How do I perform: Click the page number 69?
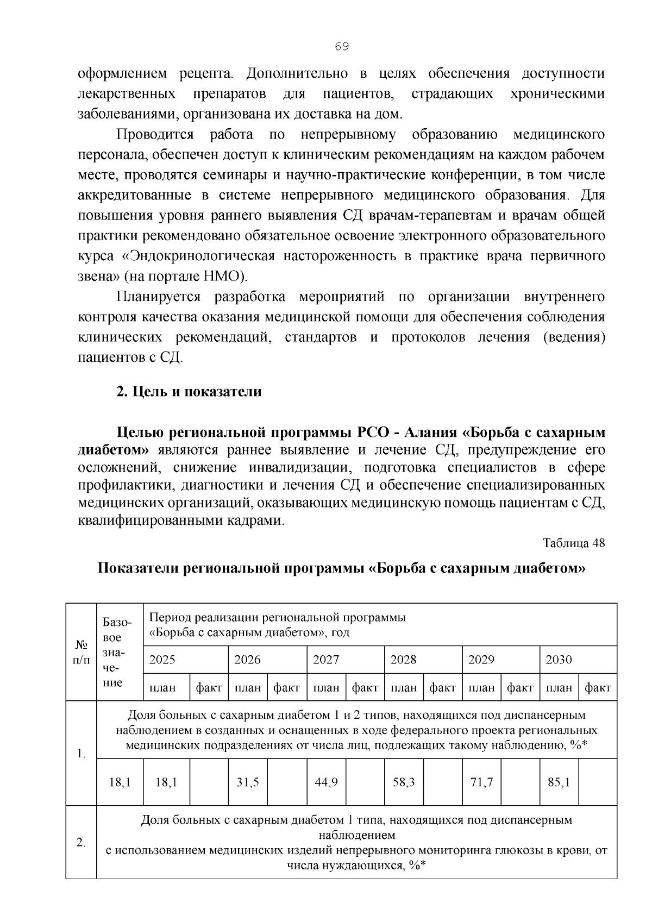(x=342, y=47)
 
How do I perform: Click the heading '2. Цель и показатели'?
(x=189, y=392)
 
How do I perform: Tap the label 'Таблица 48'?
(x=574, y=543)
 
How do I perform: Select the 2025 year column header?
(x=162, y=660)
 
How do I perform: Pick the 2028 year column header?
(x=404, y=660)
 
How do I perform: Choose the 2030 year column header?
(x=559, y=660)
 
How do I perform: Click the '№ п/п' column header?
(x=81, y=652)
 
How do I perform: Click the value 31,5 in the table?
(x=247, y=782)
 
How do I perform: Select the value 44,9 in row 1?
(x=326, y=782)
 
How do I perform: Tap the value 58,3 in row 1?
(x=404, y=782)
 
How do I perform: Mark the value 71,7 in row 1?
(x=481, y=782)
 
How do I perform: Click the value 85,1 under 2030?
(x=559, y=782)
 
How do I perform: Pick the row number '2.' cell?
(x=81, y=843)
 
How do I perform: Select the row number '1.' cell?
(x=81, y=754)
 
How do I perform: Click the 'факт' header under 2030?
(x=598, y=688)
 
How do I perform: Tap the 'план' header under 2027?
(x=326, y=688)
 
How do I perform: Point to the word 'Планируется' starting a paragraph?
(x=159, y=297)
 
